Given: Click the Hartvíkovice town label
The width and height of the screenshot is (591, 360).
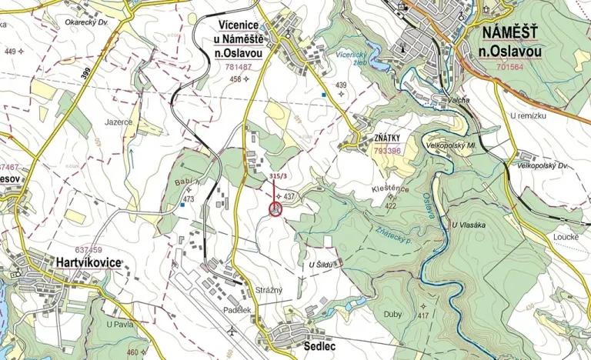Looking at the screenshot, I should (87, 262).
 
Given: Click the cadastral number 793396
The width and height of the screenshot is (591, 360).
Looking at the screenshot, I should (387, 151).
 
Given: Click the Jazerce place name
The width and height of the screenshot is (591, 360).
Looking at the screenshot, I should (119, 122).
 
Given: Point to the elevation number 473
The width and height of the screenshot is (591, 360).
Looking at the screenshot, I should (188, 199).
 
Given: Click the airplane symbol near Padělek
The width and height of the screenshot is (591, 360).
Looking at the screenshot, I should (232, 332).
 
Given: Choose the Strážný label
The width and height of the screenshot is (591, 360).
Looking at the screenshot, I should (269, 289).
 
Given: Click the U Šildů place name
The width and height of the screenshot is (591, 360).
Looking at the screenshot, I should (319, 265).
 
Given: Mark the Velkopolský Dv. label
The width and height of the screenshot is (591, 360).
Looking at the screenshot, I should (542, 165).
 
